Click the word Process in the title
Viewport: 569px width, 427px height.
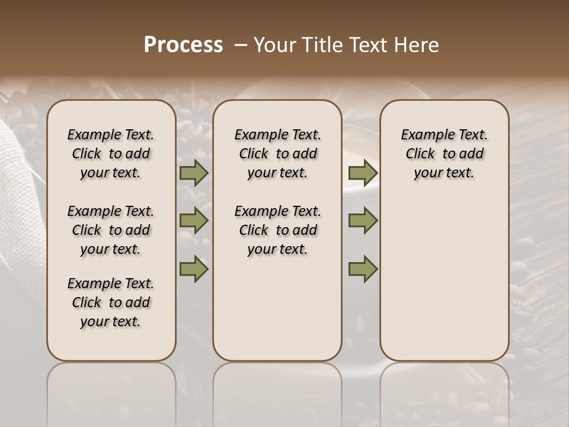pos(183,45)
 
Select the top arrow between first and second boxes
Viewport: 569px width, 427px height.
pos(194,173)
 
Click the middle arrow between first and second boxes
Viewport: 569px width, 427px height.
pos(194,221)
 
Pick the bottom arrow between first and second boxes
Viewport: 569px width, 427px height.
pos(194,269)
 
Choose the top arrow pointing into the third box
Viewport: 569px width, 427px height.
pos(363,173)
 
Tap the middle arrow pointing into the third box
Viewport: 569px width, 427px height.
pos(363,221)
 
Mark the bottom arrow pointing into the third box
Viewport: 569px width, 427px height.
pos(363,269)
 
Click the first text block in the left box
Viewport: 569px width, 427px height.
pos(111,154)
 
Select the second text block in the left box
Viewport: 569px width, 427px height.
pos(111,230)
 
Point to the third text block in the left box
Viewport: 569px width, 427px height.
pos(111,302)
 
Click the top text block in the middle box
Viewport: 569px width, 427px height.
pos(277,154)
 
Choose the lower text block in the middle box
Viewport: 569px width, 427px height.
pos(277,230)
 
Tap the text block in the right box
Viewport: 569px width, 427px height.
pos(444,154)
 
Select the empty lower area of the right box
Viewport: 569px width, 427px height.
pos(444,273)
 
